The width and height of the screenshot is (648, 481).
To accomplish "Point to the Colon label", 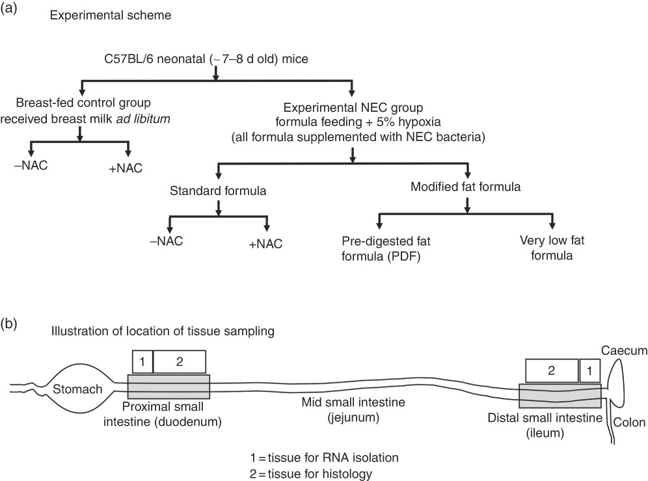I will coord(629,422).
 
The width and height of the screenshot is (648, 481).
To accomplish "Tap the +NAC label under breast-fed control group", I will coord(125,168).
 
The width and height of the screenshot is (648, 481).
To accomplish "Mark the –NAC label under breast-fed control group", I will coord(30,165).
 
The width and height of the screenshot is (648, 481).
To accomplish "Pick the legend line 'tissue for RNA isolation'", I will coord(329,458).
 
